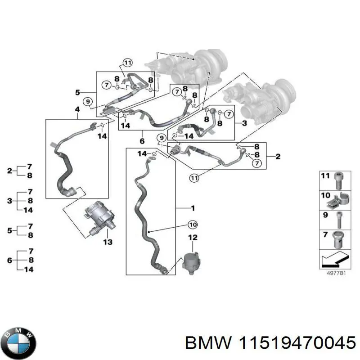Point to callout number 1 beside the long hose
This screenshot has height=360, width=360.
click(x=193, y=208)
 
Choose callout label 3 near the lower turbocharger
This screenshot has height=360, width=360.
click(x=244, y=123)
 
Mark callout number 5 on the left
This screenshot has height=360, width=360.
click(x=77, y=93)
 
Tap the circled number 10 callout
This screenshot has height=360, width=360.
click(x=192, y=224)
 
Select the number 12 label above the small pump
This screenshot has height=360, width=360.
click(x=193, y=237)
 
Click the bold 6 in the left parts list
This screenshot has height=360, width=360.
click(x=10, y=260)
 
